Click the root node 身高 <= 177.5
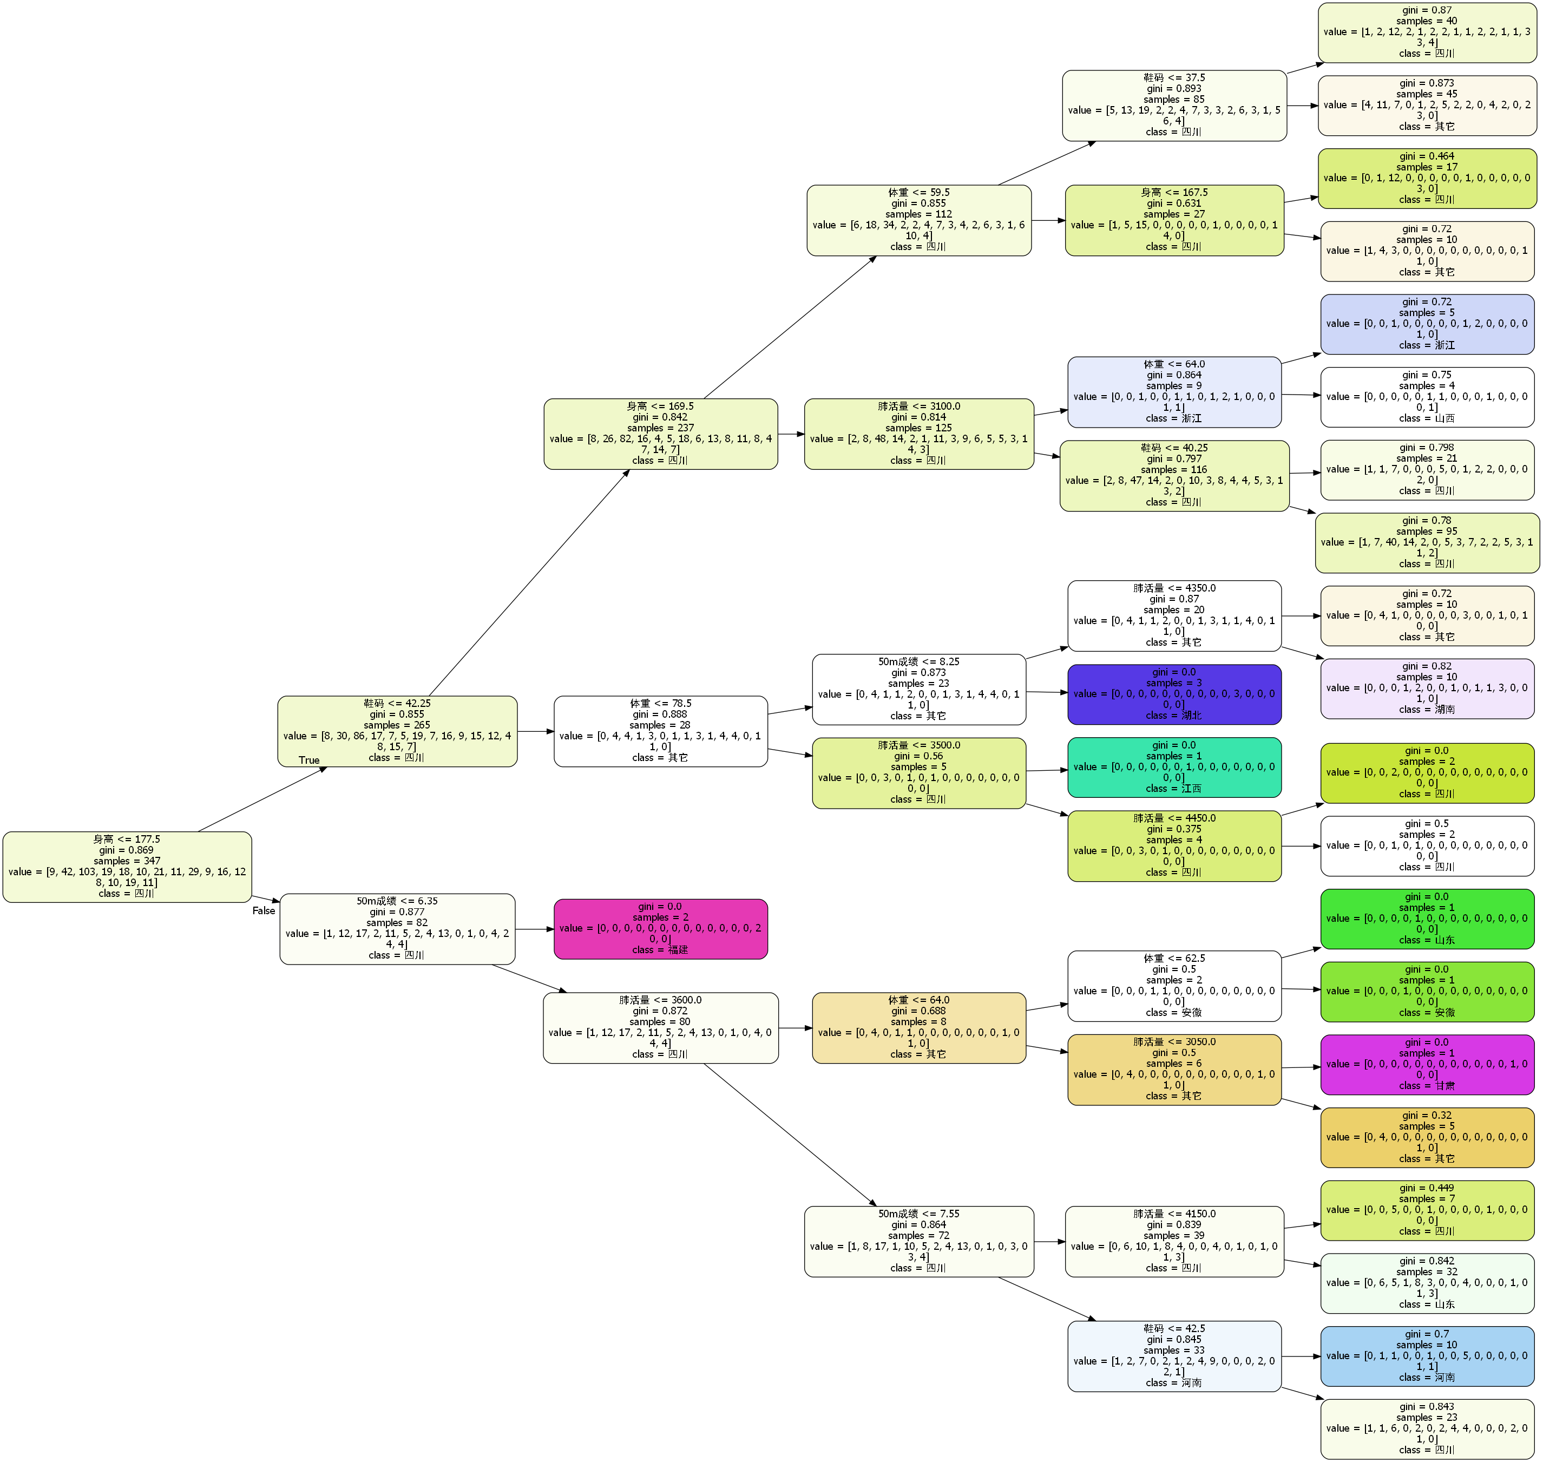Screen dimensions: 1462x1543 pyautogui.click(x=127, y=867)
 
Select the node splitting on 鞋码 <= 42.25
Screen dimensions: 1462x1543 pyautogui.click(x=397, y=731)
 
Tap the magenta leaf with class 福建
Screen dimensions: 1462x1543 pyautogui.click(x=661, y=928)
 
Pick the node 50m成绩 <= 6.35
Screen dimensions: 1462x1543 pyautogui.click(x=397, y=928)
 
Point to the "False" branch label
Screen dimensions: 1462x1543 pyautogui.click(x=264, y=910)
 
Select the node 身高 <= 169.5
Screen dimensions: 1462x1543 pyautogui.click(x=661, y=434)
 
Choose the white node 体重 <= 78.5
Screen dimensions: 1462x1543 pyautogui.click(x=661, y=731)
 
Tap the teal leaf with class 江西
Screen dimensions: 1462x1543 pyautogui.click(x=1174, y=768)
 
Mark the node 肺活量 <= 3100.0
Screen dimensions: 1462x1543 pyautogui.click(x=919, y=434)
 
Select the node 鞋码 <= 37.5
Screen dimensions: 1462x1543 pyautogui.click(x=1174, y=105)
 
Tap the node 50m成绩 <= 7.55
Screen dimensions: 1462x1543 pyautogui.click(x=919, y=1242)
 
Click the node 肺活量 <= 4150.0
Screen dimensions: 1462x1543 pyautogui.click(x=1174, y=1242)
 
